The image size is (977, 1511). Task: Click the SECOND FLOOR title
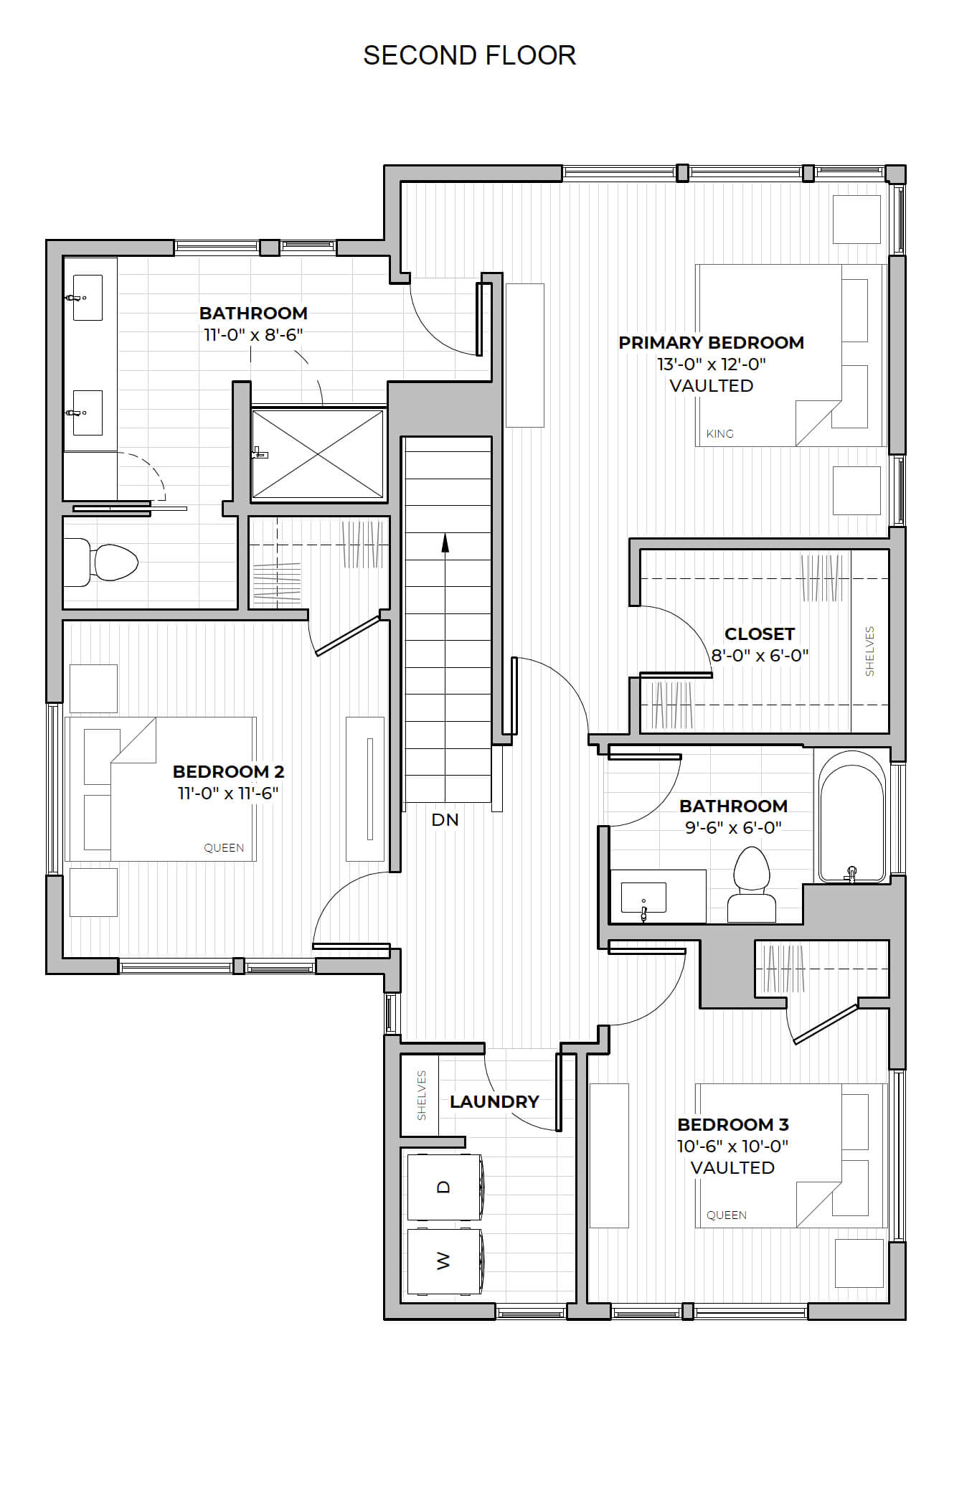click(x=469, y=55)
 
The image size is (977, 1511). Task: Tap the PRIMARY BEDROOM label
click(x=711, y=342)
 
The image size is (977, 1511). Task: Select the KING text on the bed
click(x=719, y=433)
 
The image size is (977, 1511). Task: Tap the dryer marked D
click(x=445, y=1187)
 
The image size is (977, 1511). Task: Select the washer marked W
click(x=445, y=1261)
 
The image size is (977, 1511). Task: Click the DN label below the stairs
click(x=445, y=819)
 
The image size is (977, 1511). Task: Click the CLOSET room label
click(x=760, y=634)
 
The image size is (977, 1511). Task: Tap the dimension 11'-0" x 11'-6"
click(x=228, y=793)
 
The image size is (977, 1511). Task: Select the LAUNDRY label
click(x=494, y=1101)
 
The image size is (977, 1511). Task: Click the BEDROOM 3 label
click(x=733, y=1124)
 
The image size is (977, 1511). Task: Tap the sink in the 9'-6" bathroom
click(x=643, y=898)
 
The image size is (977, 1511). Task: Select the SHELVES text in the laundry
click(x=422, y=1095)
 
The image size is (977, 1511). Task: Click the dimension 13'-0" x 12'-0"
click(x=712, y=364)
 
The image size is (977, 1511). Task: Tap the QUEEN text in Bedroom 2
click(x=224, y=847)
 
